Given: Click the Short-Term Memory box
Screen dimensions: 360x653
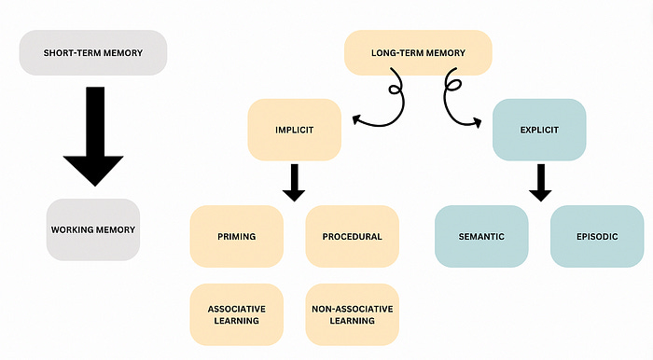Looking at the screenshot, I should tap(93, 53).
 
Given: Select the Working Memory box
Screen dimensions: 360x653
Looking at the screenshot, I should tap(93, 229).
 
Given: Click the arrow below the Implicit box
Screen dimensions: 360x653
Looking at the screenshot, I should tap(294, 181).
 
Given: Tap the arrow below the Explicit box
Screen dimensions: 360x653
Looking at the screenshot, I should tap(539, 181).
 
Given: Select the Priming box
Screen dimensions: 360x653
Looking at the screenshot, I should tap(236, 237).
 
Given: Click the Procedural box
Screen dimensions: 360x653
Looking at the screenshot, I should tap(352, 237).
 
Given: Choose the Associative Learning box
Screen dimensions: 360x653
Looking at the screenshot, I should tap(236, 313).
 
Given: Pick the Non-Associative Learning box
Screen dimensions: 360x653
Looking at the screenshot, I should tap(352, 313).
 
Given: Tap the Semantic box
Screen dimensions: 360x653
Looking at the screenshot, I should tap(481, 237).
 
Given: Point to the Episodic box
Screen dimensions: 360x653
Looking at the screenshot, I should tap(597, 237).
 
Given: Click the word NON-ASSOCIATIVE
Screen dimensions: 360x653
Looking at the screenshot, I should tap(352, 306).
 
